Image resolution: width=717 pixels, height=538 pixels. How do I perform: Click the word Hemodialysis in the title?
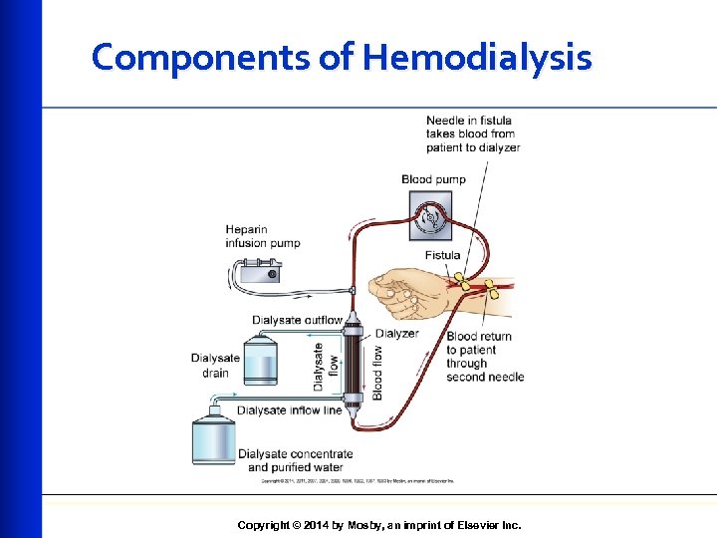click(x=477, y=58)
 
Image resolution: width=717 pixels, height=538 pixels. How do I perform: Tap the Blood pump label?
click(x=432, y=179)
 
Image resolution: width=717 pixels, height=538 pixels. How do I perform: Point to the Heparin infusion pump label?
click(x=262, y=236)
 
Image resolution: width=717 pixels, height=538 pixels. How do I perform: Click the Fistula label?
click(x=442, y=255)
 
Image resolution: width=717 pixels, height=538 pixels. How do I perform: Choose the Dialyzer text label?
click(x=397, y=334)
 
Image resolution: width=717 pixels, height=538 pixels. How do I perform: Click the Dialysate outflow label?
click(x=297, y=321)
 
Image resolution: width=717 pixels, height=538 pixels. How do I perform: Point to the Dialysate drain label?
click(x=215, y=366)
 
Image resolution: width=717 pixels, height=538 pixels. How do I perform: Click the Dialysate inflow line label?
click(x=289, y=409)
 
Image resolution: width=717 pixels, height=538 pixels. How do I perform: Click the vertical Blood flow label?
click(x=377, y=373)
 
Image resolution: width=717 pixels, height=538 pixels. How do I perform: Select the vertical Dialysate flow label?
click(x=319, y=367)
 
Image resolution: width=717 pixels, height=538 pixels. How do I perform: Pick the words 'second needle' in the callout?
click(x=484, y=377)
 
